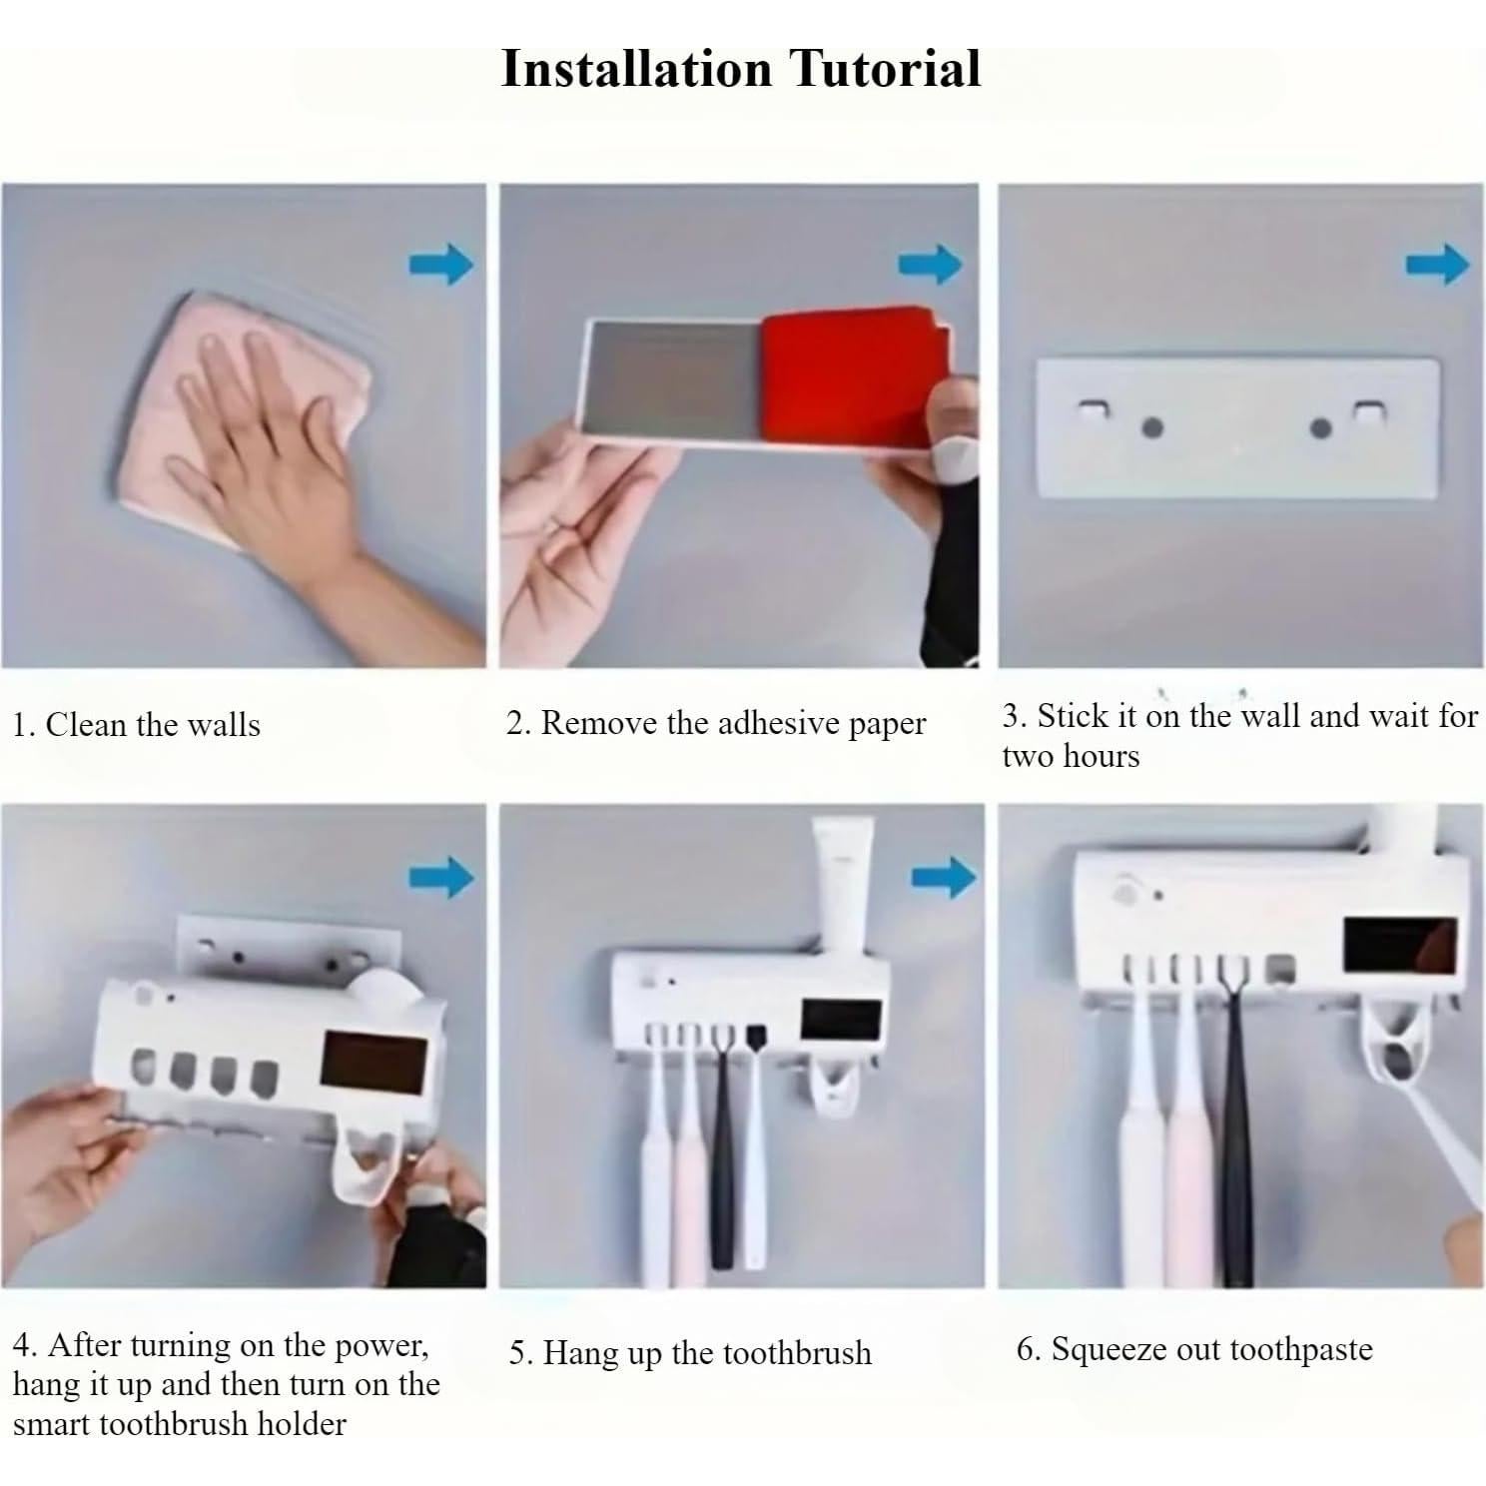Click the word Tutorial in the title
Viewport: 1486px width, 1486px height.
(x=886, y=69)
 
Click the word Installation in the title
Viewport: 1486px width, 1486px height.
(x=636, y=69)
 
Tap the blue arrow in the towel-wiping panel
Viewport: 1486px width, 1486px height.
(x=441, y=265)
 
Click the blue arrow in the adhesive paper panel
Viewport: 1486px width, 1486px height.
(x=931, y=265)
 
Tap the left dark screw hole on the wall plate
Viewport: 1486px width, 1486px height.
(x=1151, y=427)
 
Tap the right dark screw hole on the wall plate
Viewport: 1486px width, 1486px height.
(x=1320, y=428)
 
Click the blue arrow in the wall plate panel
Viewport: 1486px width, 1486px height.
(x=1438, y=265)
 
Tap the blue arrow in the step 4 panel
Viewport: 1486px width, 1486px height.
(x=441, y=877)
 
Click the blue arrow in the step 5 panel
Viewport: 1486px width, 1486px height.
(x=944, y=877)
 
